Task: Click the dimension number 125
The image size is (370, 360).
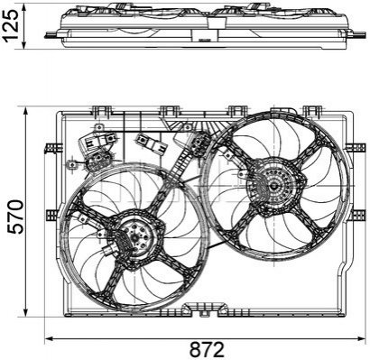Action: (11, 24)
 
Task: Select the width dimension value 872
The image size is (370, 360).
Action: (207, 349)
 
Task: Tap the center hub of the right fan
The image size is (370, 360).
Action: (274, 186)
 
